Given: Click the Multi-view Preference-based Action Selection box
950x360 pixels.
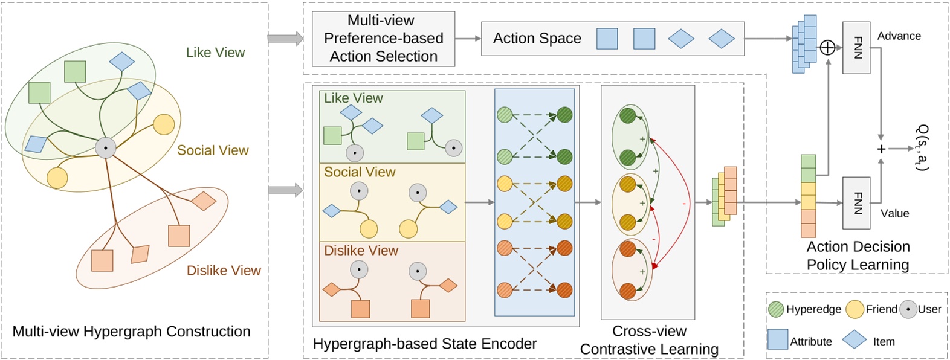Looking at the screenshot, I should click(383, 39).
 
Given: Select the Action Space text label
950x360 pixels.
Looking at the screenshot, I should click(537, 39).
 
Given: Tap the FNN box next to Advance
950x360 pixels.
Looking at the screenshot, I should click(856, 48).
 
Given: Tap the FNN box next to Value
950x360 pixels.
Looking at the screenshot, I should click(856, 202).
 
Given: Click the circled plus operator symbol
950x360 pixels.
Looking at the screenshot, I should click(827, 47).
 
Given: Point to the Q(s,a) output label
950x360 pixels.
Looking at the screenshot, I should click(923, 148).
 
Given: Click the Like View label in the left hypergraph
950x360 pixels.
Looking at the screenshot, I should click(215, 53).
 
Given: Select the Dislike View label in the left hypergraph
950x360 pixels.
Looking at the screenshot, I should click(224, 271).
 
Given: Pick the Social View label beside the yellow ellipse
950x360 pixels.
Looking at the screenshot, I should click(213, 150).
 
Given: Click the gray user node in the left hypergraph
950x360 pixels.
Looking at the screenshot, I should click(106, 147).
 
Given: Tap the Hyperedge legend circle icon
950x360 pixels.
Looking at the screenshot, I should click(776, 309).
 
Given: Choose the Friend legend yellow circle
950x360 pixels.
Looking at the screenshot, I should click(855, 309).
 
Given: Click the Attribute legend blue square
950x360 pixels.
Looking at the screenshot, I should click(777, 339).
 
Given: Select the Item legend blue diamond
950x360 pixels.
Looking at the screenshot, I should click(854, 339).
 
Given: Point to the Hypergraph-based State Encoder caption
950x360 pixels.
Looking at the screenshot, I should click(424, 344).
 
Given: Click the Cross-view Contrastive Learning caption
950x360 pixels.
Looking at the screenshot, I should click(649, 340).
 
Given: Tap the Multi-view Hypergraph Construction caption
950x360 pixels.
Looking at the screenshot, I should click(131, 331).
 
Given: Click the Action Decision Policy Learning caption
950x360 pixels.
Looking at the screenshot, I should click(858, 256).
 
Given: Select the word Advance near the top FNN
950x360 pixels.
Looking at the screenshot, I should click(899, 36).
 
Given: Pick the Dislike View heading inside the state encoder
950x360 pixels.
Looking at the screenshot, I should click(361, 251).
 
